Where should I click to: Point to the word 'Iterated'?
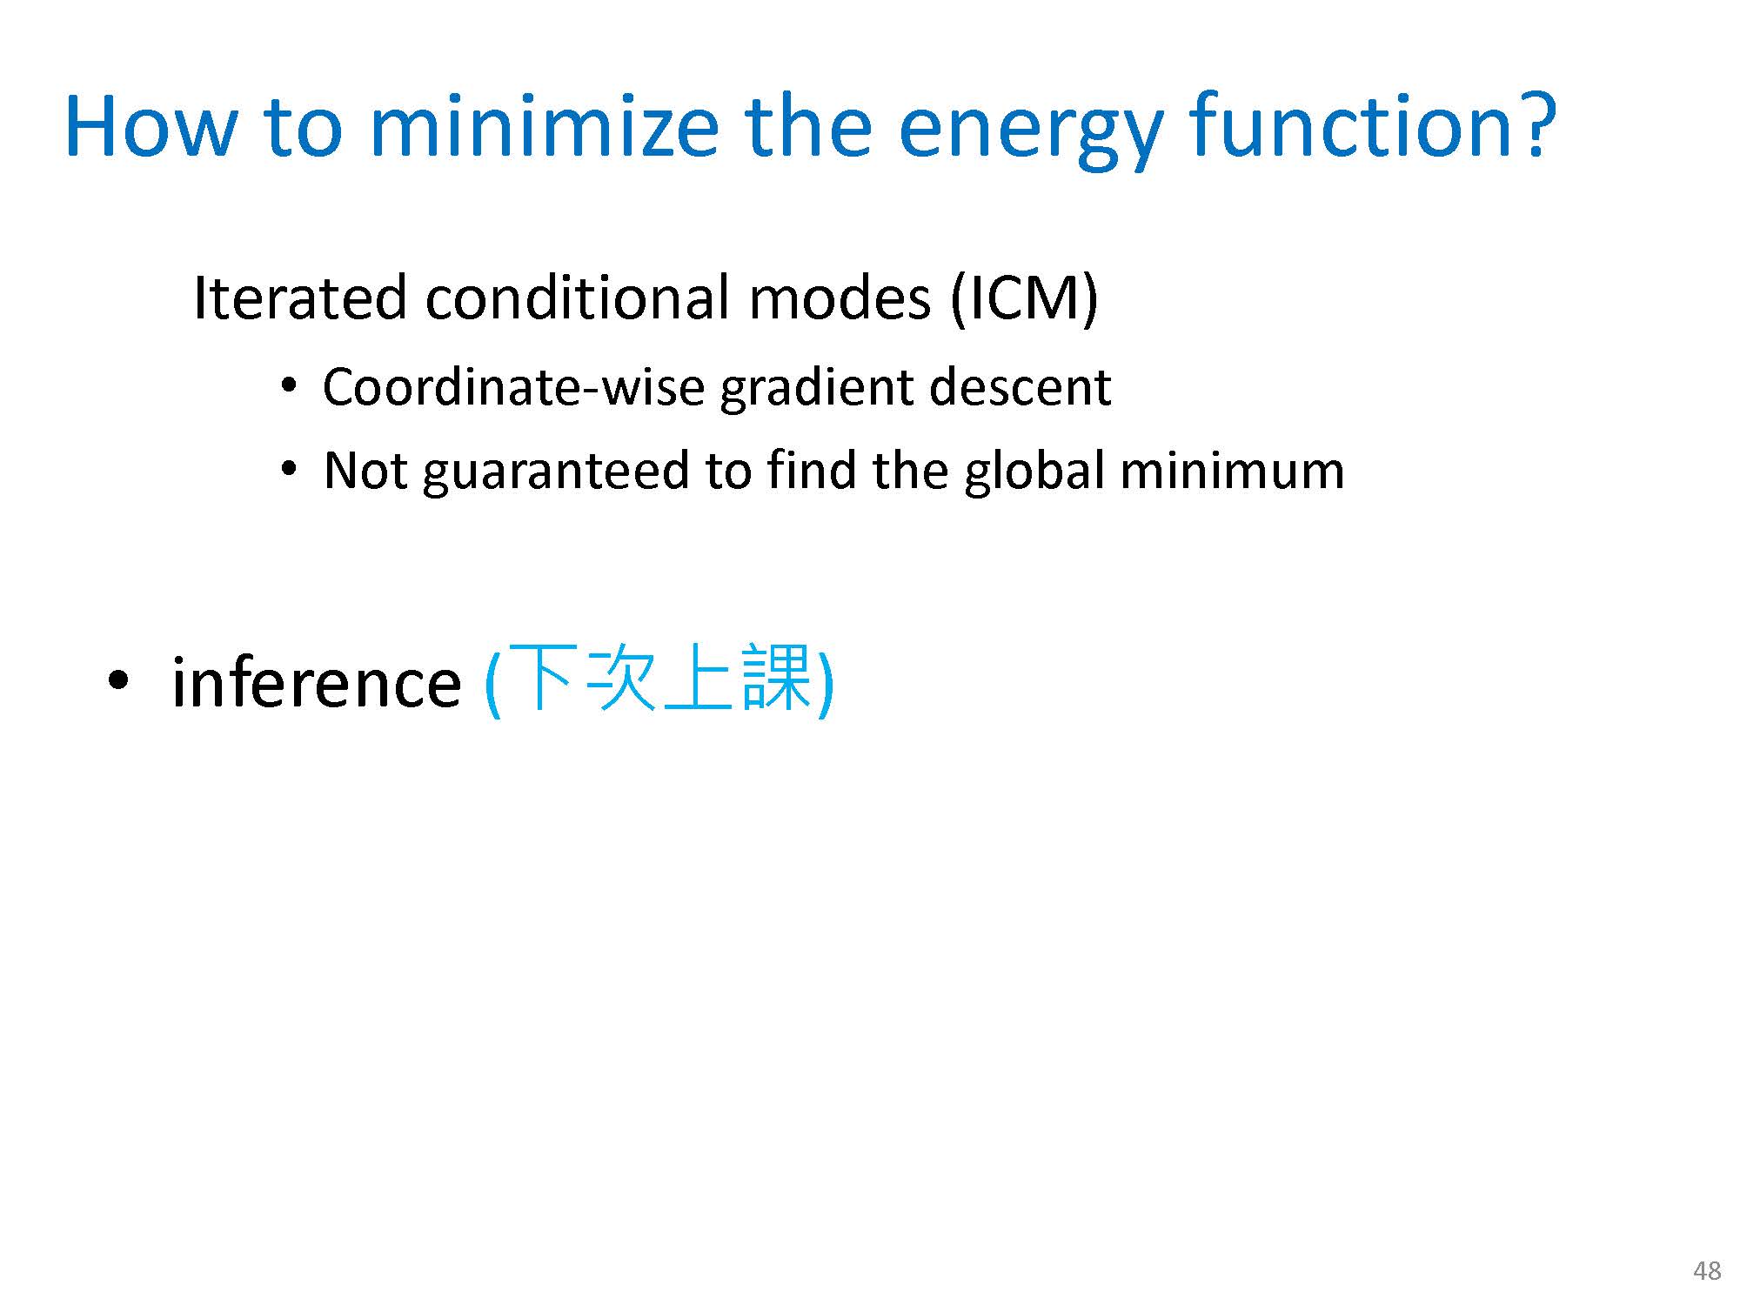tap(299, 298)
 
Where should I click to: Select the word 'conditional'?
tap(579, 298)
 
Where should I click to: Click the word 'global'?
tap(1034, 472)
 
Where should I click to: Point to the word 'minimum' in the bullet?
tap(1232, 471)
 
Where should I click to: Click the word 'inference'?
tap(317, 682)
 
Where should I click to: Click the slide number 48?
tap(1707, 1271)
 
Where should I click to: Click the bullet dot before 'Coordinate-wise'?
tap(289, 386)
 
